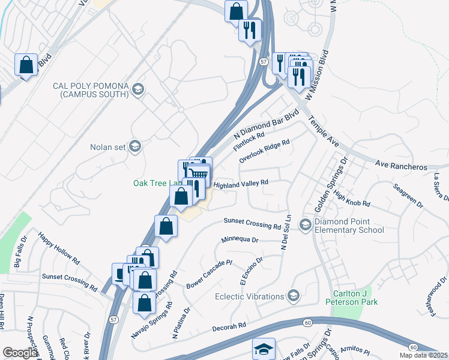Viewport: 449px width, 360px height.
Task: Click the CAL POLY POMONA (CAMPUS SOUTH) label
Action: [x=91, y=90]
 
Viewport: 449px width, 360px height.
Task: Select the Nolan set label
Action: [x=107, y=146]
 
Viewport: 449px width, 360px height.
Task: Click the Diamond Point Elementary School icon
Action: [x=305, y=225]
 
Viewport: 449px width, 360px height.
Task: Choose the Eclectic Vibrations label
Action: [x=250, y=296]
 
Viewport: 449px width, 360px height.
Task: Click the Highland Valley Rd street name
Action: [x=240, y=184]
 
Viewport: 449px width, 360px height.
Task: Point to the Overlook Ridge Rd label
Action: [x=264, y=151]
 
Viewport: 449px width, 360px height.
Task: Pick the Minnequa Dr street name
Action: [x=239, y=239]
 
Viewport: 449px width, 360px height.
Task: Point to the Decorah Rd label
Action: [x=229, y=326]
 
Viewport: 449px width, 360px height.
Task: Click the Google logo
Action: [x=19, y=353]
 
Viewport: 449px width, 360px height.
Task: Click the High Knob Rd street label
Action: [x=352, y=200]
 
